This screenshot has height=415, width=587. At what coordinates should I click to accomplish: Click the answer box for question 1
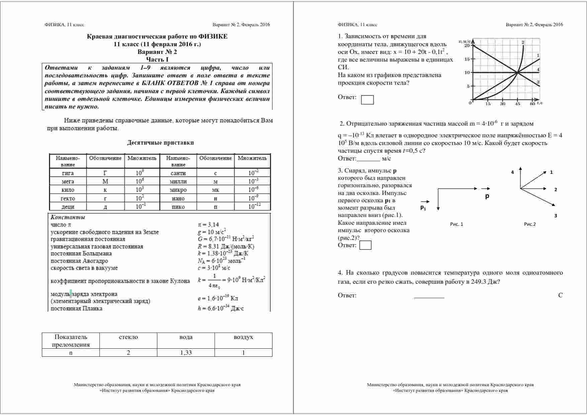(x=367, y=100)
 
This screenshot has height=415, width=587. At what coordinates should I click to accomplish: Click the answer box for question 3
(x=365, y=245)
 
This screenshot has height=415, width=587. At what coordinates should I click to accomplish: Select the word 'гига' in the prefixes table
(x=68, y=173)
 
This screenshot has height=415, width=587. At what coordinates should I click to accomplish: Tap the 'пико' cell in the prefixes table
(x=178, y=207)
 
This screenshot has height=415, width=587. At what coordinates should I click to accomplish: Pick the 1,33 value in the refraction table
(x=186, y=352)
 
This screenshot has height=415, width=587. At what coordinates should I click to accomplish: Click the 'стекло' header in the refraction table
(x=128, y=337)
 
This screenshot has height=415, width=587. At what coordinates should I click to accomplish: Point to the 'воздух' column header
(x=243, y=337)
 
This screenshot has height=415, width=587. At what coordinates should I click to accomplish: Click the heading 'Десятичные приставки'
(x=160, y=143)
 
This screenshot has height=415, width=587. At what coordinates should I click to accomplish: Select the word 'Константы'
(x=68, y=217)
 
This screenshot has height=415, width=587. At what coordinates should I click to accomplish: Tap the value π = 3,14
(x=208, y=225)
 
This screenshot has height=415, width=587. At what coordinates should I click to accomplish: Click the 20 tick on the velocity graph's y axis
(x=467, y=46)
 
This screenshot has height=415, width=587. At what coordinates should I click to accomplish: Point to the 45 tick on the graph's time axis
(x=517, y=104)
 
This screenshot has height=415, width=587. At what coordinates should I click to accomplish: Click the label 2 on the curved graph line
(x=523, y=42)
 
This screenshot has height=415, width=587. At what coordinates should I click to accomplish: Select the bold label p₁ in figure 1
(x=423, y=208)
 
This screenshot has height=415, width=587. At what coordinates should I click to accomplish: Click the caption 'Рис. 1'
(x=456, y=224)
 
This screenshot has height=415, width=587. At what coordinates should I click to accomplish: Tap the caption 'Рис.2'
(x=530, y=224)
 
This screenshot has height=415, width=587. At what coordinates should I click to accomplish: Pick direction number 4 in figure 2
(x=512, y=172)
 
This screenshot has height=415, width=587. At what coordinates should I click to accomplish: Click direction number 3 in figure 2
(x=556, y=216)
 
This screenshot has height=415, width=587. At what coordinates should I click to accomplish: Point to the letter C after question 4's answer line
(x=561, y=295)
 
